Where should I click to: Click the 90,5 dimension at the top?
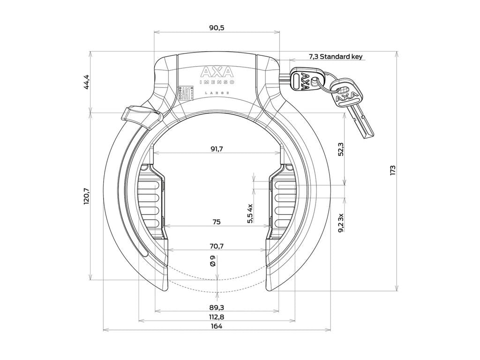tap(217, 28)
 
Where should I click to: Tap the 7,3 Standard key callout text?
tap(335, 57)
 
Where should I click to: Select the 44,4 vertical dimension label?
tap(86, 82)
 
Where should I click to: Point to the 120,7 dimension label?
tap(86, 196)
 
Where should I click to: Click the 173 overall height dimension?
tap(393, 170)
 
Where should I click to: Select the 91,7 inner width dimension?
tap(217, 149)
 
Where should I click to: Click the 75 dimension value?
tap(216, 222)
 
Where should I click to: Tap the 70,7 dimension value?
tap(216, 245)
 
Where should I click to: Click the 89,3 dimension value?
tap(216, 307)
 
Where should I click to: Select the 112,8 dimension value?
tap(216, 317)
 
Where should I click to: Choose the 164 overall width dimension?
tap(216, 326)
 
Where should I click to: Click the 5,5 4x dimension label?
tap(250, 214)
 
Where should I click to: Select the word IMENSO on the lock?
tap(217, 82)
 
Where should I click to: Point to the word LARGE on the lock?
tap(217, 93)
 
